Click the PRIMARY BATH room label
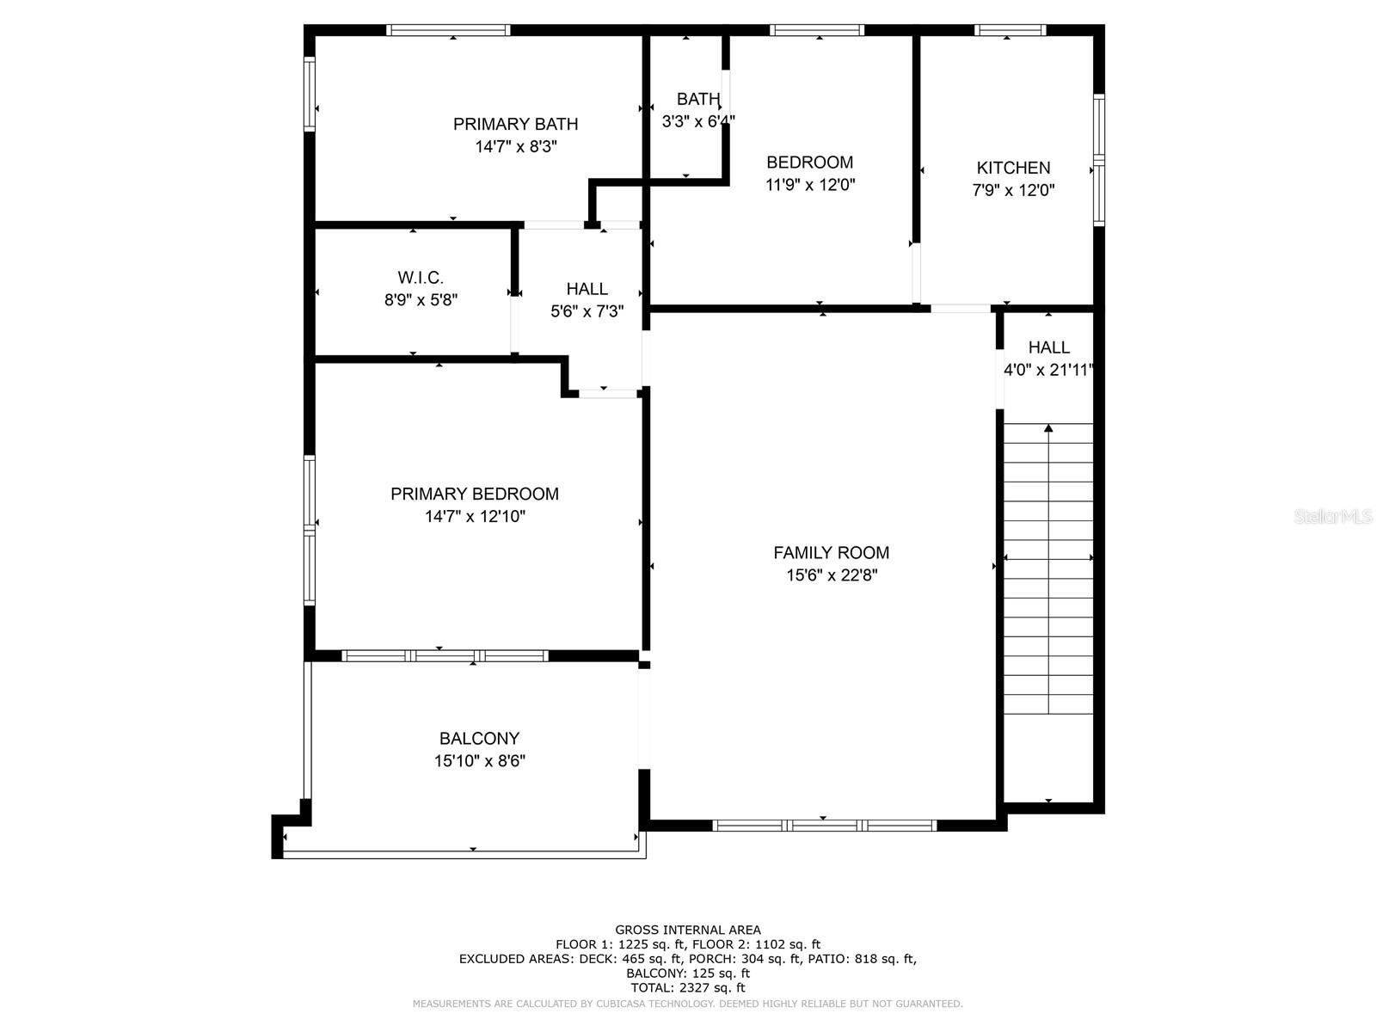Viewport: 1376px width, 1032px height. pyautogui.click(x=515, y=124)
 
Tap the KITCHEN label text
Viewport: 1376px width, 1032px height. pyautogui.click(x=1013, y=168)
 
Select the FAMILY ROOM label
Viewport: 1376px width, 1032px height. pyautogui.click(x=832, y=553)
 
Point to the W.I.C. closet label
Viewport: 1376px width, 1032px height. pyautogui.click(x=420, y=278)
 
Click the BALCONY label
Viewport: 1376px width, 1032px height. pyautogui.click(x=479, y=738)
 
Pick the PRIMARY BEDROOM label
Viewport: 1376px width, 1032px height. pyautogui.click(x=475, y=494)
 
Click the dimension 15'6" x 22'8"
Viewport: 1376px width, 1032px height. pyautogui.click(x=832, y=575)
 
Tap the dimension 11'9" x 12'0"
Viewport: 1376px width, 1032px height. pyautogui.click(x=810, y=185)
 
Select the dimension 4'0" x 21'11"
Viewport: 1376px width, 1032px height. pyautogui.click(x=1048, y=371)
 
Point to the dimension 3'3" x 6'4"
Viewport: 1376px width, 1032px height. pyautogui.click(x=698, y=121)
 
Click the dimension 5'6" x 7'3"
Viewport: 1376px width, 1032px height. pyautogui.click(x=587, y=311)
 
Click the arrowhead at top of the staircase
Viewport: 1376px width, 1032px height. pyautogui.click(x=1048, y=428)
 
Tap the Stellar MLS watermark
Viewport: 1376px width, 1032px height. pyautogui.click(x=1333, y=516)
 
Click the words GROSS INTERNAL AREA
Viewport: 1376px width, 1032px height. pyautogui.click(x=688, y=930)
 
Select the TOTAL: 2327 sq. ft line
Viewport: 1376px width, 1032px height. pyautogui.click(x=688, y=987)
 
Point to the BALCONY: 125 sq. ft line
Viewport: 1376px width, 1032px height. pyautogui.click(x=688, y=974)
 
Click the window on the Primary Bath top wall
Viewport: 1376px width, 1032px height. pyautogui.click(x=448, y=30)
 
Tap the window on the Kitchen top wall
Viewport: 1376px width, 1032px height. pyautogui.click(x=1010, y=30)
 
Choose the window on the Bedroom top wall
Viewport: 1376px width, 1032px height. pyautogui.click(x=817, y=30)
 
